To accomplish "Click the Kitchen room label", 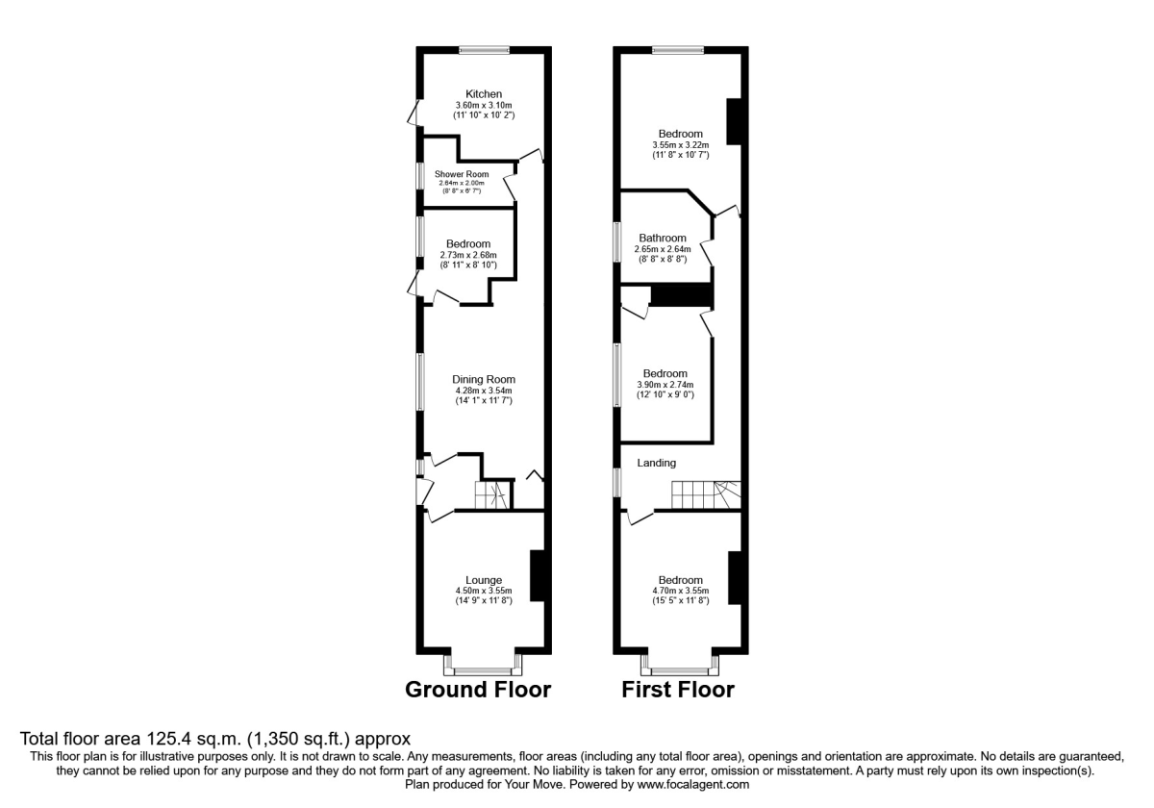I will pyautogui.click(x=483, y=93).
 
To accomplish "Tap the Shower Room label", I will pyautogui.click(x=462, y=174).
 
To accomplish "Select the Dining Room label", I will pyautogui.click(x=484, y=379).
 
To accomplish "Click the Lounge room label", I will pyautogui.click(x=484, y=580).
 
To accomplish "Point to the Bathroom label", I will pyautogui.click(x=663, y=239).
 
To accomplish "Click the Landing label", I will pyautogui.click(x=656, y=463).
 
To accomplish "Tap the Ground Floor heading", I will pyautogui.click(x=478, y=690).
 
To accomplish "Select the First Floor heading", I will pyautogui.click(x=678, y=690).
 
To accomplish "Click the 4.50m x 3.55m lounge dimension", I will pyautogui.click(x=484, y=591).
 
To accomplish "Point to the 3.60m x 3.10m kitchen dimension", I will pyautogui.click(x=483, y=105).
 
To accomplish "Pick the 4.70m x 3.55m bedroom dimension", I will pyautogui.click(x=680, y=591).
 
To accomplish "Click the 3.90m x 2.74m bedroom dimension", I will pyautogui.click(x=665, y=385).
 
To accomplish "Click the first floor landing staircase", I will pyautogui.click(x=706, y=494).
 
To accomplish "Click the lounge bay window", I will pyautogui.click(x=483, y=665).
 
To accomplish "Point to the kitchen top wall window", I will pyautogui.click(x=484, y=49).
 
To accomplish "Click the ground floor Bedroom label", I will pyautogui.click(x=468, y=244).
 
